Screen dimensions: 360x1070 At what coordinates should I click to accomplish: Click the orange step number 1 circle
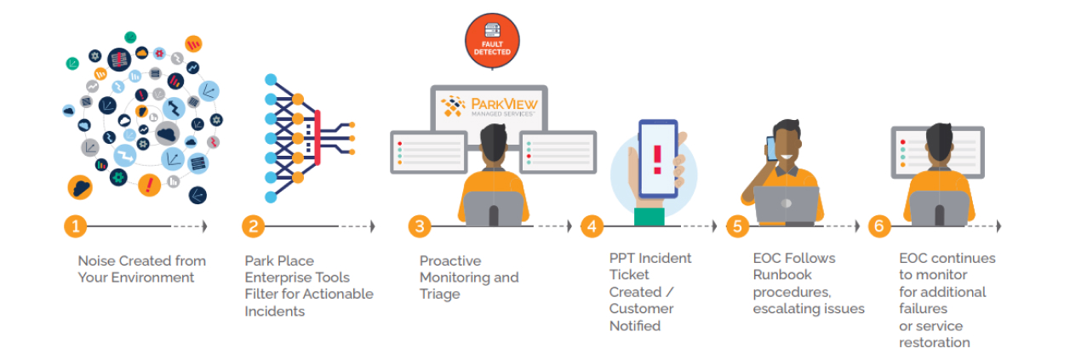pos(76,226)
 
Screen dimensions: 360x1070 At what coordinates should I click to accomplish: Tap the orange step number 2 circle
pos(252,226)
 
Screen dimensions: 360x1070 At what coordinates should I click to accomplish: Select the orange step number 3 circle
pos(419,226)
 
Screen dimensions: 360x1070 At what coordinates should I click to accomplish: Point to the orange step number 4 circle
pos(592,226)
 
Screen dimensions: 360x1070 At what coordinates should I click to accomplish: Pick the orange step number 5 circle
pos(737,226)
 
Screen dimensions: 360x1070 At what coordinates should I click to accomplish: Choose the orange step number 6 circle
pos(879,226)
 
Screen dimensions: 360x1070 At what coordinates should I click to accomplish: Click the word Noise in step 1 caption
pos(96,261)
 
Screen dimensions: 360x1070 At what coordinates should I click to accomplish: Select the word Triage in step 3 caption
pos(440,294)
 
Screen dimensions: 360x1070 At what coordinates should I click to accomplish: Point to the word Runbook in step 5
pos(782,275)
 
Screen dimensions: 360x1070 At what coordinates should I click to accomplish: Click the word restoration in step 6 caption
pos(935,342)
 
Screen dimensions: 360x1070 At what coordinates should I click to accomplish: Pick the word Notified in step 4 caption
pos(635,326)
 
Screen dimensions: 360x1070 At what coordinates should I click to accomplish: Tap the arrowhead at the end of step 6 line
pos(998,226)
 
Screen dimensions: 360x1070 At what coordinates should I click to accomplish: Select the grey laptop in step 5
pos(787,205)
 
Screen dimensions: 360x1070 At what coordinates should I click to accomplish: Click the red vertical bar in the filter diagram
pos(318,136)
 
